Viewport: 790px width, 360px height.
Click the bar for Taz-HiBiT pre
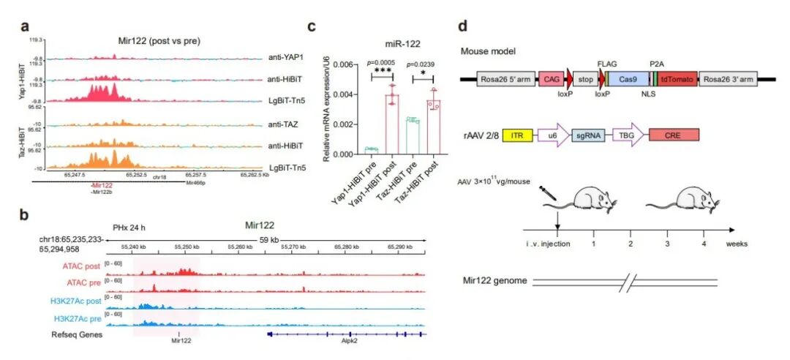coord(413,137)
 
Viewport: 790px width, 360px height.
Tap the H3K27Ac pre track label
coord(78,320)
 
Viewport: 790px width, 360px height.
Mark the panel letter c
coord(311,27)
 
